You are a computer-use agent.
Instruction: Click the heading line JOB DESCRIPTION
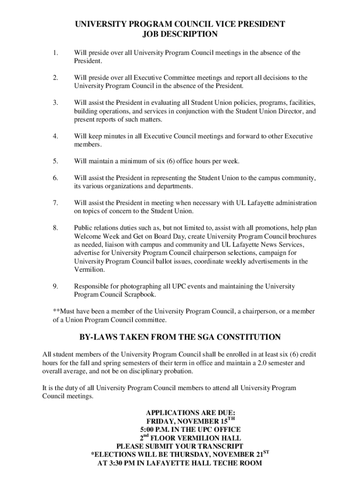coord(180,34)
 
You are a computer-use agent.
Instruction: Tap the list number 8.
coord(55,228)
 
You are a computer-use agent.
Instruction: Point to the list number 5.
coord(55,161)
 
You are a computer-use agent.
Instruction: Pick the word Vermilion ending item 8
coord(88,270)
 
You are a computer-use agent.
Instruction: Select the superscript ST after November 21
coord(266,452)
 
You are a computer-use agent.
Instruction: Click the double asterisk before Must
coord(56,312)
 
